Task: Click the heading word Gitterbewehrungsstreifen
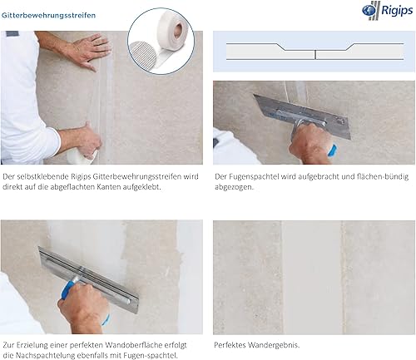48,15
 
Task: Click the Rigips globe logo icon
369,11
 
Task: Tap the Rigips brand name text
397,11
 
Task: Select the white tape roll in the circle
172,32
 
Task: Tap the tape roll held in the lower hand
82,157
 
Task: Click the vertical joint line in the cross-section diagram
315,55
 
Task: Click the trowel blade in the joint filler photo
302,116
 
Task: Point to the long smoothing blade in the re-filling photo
88,279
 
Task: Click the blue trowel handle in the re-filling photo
68,289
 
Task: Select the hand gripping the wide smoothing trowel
84,306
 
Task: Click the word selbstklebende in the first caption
43,176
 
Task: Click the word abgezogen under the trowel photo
233,187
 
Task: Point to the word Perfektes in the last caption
230,345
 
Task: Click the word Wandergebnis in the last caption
273,345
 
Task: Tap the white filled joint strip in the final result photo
312,277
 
